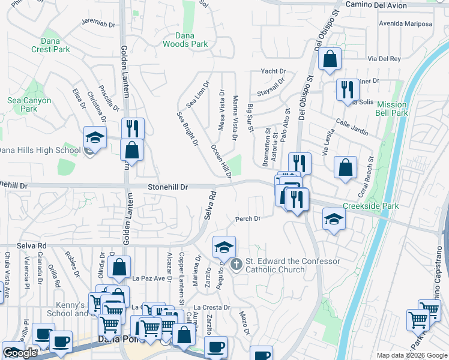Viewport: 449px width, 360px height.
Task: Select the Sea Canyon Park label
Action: (x=29, y=104)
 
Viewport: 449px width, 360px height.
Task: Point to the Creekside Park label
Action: (x=370, y=206)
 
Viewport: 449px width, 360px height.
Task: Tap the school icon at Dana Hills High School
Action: (x=95, y=137)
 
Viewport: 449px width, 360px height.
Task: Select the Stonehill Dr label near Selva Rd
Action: (x=168, y=187)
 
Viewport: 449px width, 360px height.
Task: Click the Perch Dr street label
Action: (x=247, y=219)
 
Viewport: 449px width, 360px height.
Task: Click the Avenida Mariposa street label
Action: (x=405, y=24)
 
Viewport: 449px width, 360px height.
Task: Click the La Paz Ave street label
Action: (x=148, y=278)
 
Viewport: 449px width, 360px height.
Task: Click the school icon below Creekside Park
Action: (x=334, y=218)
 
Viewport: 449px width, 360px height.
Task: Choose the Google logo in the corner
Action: (x=20, y=353)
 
